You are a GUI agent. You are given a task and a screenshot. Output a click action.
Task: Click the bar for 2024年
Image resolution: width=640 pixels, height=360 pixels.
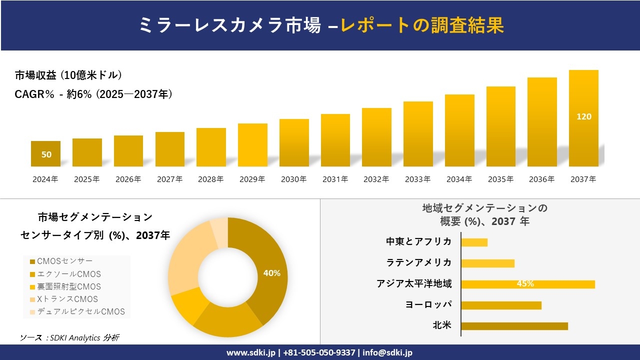point(45,153)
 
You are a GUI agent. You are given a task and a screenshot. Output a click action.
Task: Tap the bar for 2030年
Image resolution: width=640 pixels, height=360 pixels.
point(294,142)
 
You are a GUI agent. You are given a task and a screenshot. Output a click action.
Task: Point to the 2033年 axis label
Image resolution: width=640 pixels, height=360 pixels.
point(417,179)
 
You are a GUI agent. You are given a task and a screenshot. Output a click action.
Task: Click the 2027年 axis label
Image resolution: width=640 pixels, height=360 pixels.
point(169,179)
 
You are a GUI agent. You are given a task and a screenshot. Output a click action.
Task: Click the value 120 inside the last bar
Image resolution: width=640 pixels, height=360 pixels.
point(583,116)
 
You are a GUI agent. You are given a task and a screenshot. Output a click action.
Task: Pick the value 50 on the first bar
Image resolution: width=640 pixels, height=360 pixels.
point(46,154)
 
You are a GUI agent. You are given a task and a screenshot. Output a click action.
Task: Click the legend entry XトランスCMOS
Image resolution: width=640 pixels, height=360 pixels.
point(67,299)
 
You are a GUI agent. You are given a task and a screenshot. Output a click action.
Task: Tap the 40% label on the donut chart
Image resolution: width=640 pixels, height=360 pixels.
point(271,273)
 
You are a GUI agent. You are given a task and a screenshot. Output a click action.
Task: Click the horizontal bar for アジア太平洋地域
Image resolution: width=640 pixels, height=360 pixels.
point(527,284)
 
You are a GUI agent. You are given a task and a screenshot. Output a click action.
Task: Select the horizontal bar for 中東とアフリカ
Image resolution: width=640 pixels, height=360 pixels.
point(474,242)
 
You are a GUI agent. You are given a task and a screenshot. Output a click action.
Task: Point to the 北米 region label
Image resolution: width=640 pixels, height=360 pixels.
point(442,325)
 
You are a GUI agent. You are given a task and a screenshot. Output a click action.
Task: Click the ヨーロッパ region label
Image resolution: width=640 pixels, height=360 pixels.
point(428,304)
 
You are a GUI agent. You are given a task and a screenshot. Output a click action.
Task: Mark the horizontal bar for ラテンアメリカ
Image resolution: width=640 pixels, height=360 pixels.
point(487,263)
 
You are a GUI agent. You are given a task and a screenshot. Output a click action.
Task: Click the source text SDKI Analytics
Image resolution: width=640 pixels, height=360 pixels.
point(69,337)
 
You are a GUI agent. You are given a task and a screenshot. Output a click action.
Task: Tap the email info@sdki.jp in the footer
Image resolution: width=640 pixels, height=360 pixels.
point(387,352)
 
